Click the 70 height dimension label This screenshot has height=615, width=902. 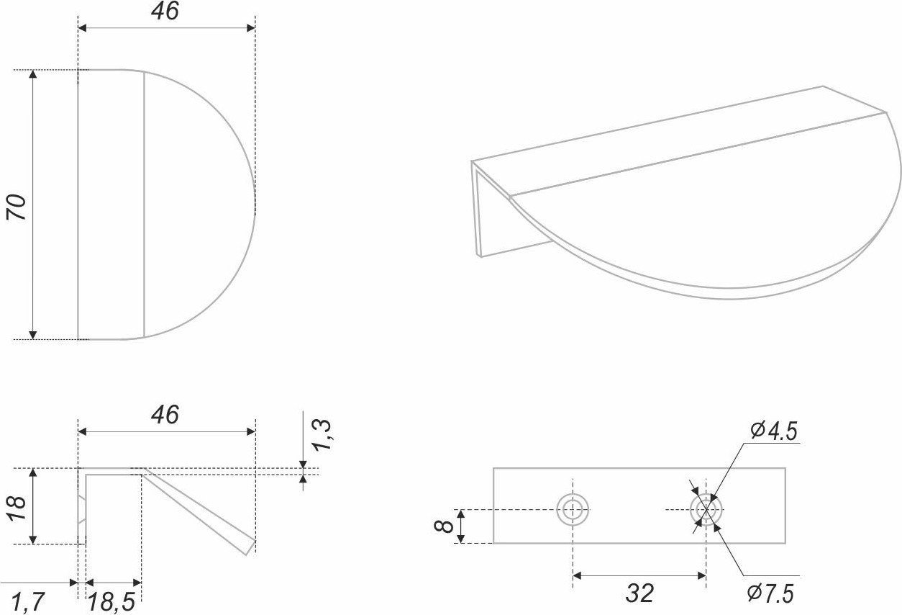click(17, 207)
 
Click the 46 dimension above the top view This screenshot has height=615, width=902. click(165, 11)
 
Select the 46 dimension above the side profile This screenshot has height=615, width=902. click(165, 415)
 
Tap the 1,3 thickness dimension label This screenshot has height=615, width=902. click(322, 435)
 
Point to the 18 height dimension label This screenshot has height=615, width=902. click(17, 508)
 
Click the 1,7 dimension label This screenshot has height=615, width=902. click(27, 602)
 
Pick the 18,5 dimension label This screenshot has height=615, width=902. click(111, 603)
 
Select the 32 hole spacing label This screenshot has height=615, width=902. click(640, 593)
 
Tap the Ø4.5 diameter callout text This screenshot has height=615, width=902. click(773, 431)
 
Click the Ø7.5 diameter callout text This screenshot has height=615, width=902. click(770, 593)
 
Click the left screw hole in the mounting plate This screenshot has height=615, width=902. click(573, 510)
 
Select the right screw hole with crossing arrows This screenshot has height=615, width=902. click(706, 510)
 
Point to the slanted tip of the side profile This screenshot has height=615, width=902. click(251, 548)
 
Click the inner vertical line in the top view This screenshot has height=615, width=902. click(144, 205)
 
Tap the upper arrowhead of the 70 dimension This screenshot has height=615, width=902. click(33, 74)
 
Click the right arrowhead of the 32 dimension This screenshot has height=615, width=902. click(701, 575)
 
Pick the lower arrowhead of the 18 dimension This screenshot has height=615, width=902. click(33, 539)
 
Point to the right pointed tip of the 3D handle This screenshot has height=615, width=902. click(885, 112)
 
